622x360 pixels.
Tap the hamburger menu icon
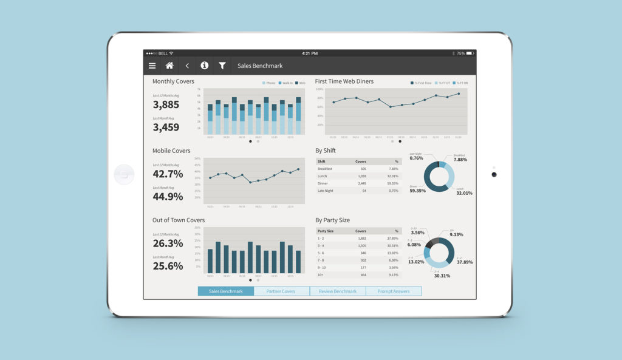tap(152, 66)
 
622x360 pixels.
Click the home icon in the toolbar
tap(169, 66)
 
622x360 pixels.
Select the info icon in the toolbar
tap(205, 66)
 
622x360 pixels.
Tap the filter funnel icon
tap(222, 66)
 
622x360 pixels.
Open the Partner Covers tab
tap(281, 291)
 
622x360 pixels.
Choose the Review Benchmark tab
tap(338, 291)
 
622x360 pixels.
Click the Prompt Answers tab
tap(394, 291)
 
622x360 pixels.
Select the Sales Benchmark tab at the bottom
tap(226, 291)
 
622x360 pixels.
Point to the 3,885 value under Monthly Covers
tap(166, 104)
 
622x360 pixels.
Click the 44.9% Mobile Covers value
tap(168, 196)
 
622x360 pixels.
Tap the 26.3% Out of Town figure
tap(168, 243)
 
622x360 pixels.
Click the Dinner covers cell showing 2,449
tap(360, 183)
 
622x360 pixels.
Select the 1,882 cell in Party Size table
tap(360, 239)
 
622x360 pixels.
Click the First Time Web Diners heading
tap(344, 81)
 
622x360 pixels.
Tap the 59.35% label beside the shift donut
tap(417, 190)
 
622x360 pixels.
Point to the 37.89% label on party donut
tap(464, 262)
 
